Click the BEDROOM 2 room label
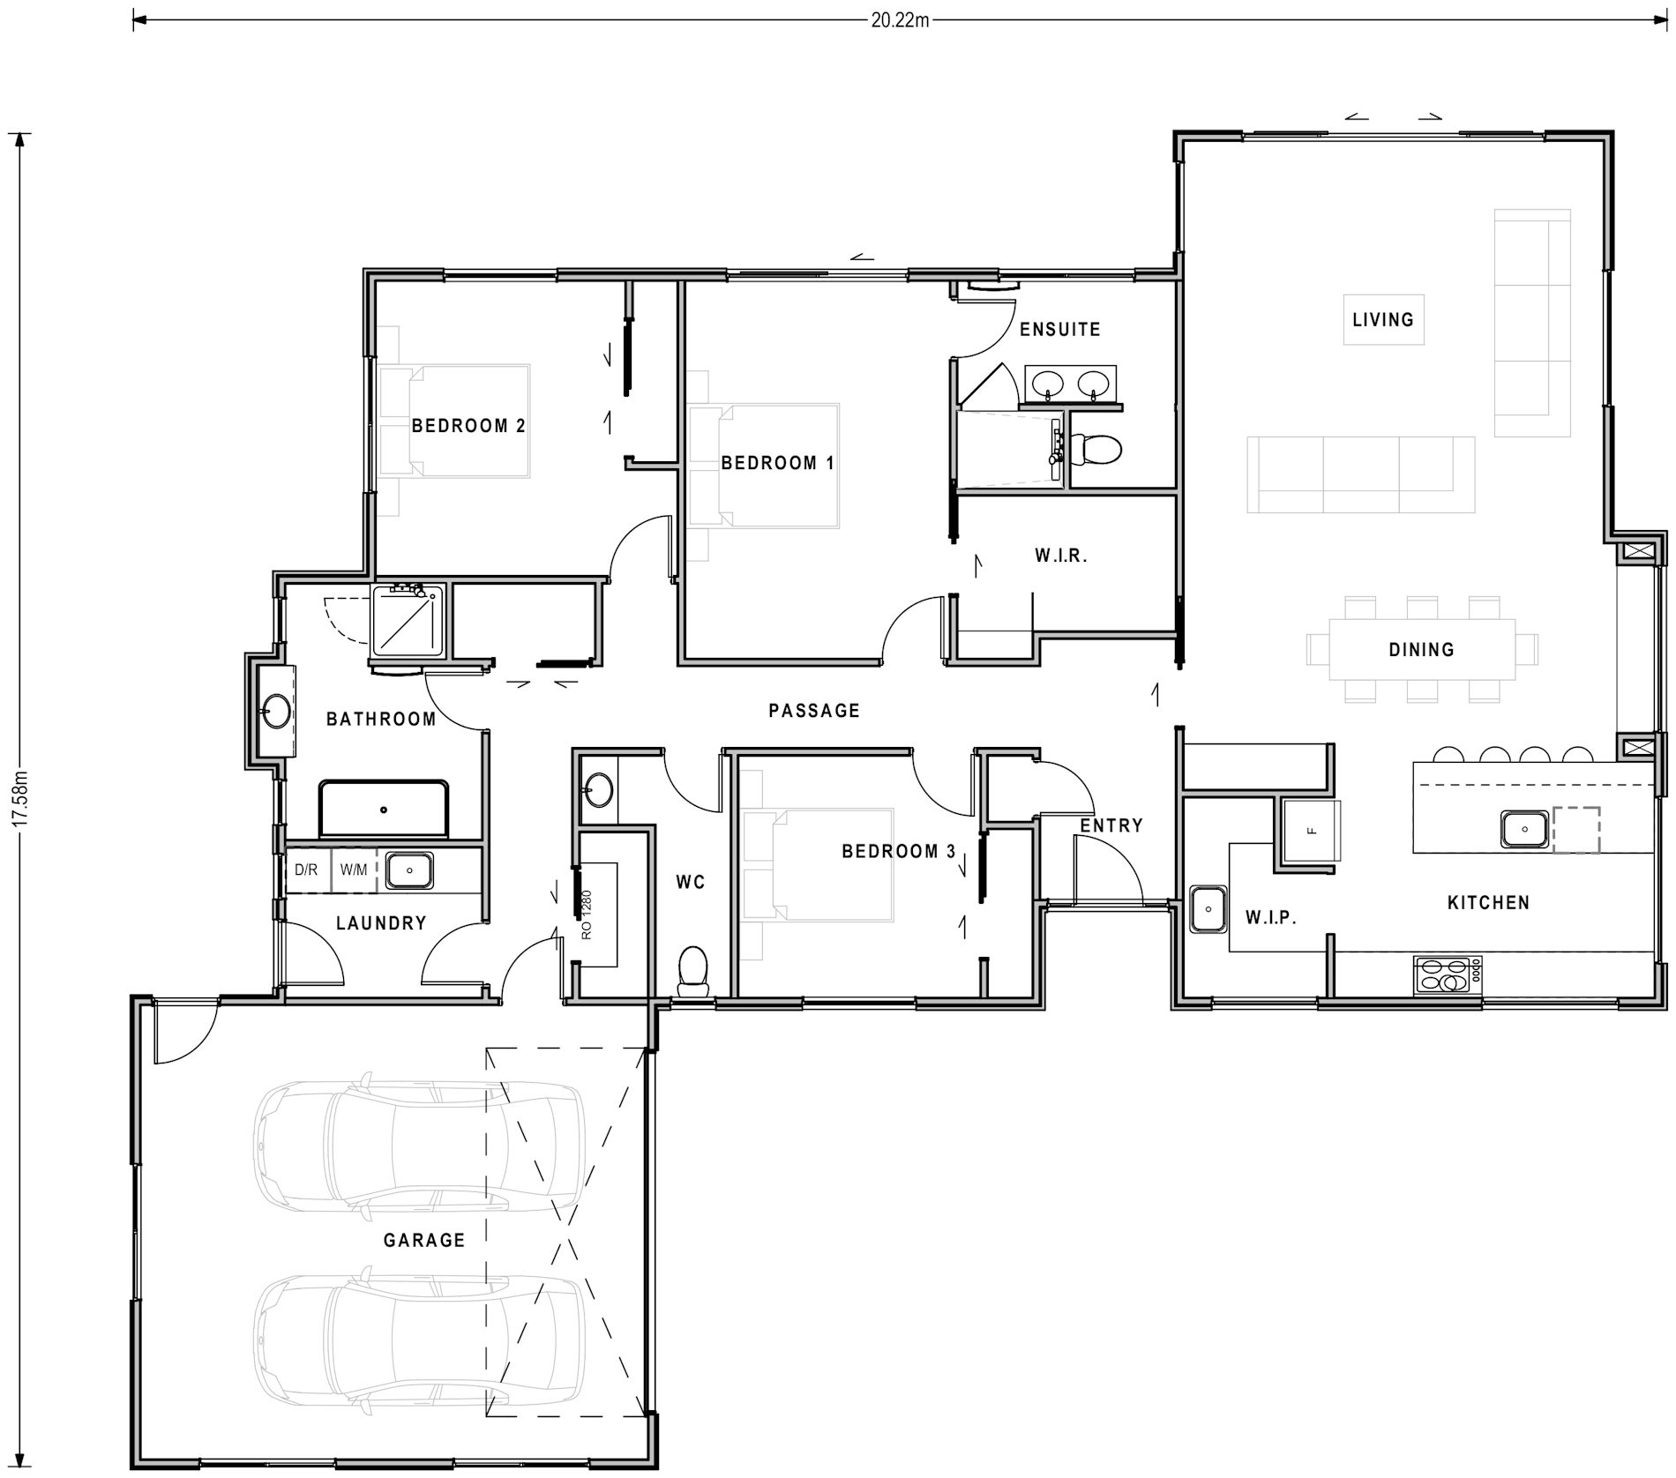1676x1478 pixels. [x=468, y=426]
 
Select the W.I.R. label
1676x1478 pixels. [x=1061, y=556]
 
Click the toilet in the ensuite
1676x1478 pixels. [x=1096, y=449]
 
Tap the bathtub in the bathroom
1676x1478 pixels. [x=384, y=808]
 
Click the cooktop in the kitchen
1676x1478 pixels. [x=1448, y=975]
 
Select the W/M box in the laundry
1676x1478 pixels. [x=354, y=870]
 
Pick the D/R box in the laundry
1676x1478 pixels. [x=306, y=870]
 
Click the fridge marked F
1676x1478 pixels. [x=1312, y=830]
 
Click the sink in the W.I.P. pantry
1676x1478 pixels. [x=1208, y=909]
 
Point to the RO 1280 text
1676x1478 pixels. [x=587, y=914]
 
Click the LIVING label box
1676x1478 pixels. [x=1383, y=319]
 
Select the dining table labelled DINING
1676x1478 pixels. [x=1421, y=649]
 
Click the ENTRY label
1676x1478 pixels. [x=1111, y=825]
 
